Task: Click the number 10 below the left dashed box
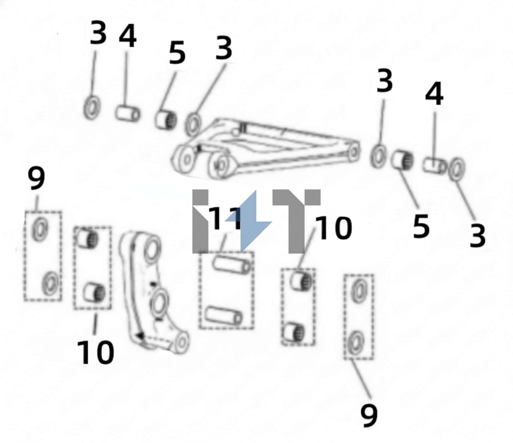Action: click(x=96, y=352)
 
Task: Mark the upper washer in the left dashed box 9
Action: click(x=40, y=230)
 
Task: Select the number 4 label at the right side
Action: click(x=434, y=93)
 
